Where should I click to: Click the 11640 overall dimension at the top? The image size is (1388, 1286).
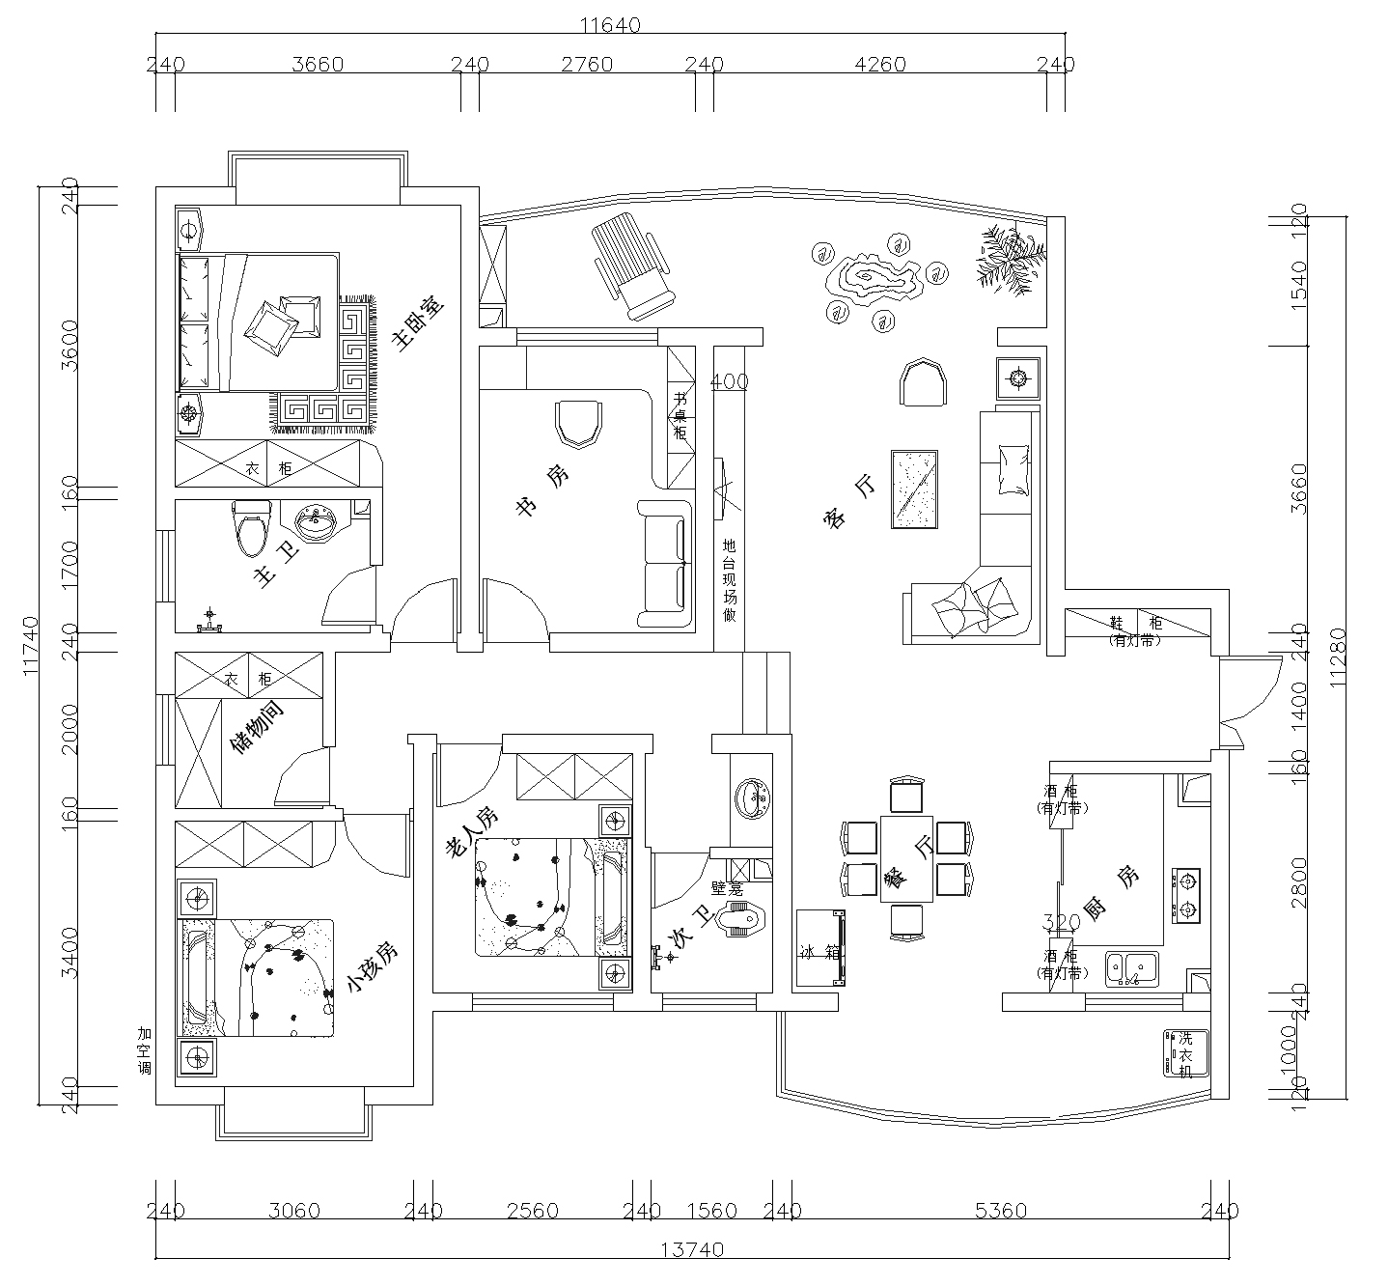point(611,25)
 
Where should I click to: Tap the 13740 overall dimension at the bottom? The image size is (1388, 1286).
point(692,1249)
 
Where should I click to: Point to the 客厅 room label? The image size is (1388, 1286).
point(850,504)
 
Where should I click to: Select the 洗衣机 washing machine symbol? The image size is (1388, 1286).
point(1184,1053)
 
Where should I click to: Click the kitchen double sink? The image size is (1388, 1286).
point(1131,968)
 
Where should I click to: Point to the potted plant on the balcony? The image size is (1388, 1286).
point(1009,258)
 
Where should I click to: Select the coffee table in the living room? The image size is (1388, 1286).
point(915,489)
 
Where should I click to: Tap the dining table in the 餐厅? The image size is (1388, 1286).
point(905,859)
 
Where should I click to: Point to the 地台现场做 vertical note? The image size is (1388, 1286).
point(730,579)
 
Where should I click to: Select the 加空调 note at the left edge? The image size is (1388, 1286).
point(145,1050)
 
